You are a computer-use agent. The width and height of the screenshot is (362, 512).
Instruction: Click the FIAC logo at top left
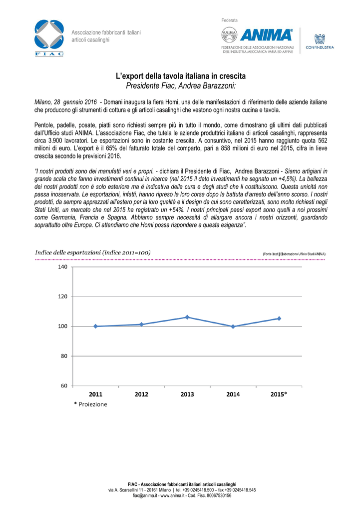[x=49, y=36]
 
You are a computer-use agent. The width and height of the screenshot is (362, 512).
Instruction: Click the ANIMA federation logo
[x=260, y=40]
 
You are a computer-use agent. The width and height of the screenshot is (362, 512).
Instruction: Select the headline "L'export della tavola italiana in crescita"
[x=181, y=76]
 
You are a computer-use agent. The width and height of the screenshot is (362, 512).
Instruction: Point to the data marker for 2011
[x=95, y=326]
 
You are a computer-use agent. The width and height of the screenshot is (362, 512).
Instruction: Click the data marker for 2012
[x=141, y=324]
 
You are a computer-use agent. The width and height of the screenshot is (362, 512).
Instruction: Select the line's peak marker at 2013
[x=187, y=317]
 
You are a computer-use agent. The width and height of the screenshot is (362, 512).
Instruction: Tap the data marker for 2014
[x=233, y=326]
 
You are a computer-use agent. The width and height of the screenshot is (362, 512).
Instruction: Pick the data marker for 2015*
[x=279, y=318]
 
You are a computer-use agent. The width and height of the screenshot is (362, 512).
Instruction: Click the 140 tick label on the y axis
[x=62, y=267]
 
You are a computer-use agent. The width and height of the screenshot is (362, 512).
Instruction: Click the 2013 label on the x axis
[x=187, y=394]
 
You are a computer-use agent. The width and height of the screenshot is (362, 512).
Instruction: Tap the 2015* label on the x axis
[x=279, y=394]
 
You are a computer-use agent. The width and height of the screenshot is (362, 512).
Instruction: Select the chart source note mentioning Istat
[x=294, y=254]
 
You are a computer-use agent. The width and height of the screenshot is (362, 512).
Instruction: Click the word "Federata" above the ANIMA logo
[x=229, y=19]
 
